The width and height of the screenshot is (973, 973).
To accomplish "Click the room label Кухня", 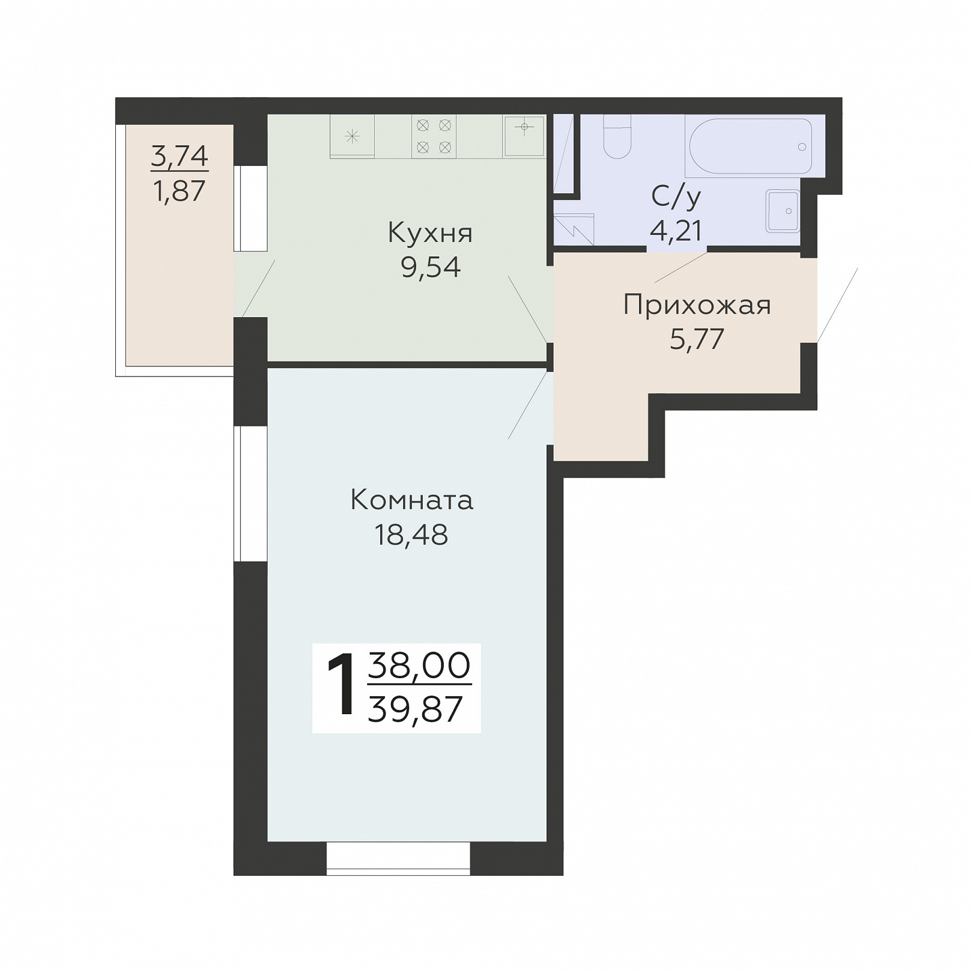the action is point(430,233).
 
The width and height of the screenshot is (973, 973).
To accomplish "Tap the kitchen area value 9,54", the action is point(431,267).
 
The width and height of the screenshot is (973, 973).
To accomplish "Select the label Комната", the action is point(412,500).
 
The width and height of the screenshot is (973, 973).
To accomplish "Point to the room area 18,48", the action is point(411,534).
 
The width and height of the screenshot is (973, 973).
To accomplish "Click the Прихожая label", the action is point(697,305).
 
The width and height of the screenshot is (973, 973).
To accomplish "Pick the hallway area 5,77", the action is point(697,339).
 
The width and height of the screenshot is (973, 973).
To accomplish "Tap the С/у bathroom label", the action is point(676,196).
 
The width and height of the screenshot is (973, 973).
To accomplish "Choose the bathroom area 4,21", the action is point(676,230).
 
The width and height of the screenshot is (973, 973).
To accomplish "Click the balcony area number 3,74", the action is point(180,156).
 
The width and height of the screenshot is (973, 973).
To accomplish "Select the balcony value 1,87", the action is point(180,191).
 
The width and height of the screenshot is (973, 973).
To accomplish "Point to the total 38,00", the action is point(419,665).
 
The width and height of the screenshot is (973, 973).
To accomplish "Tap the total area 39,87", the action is point(415,709).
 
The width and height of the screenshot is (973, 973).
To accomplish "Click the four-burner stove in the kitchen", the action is point(434,136).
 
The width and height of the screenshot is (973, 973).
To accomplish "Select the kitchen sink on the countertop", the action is point(524,136).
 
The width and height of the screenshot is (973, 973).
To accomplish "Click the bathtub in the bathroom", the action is point(750,146).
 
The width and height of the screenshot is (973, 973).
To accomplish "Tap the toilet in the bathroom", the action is point(617,136).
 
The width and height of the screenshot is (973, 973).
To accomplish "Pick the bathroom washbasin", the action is point(783,211).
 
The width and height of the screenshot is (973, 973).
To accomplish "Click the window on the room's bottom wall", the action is point(399,856).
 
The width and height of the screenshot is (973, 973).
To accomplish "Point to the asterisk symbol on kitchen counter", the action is point(353,136).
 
